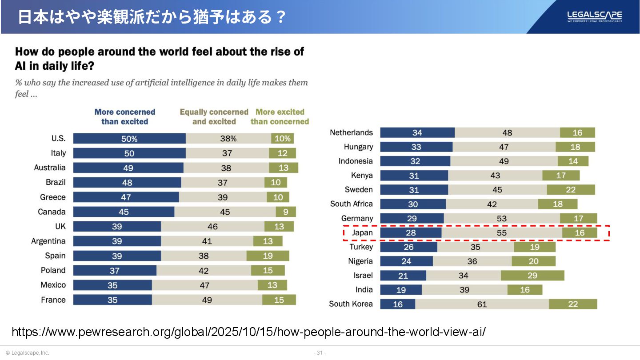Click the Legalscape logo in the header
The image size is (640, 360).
594,16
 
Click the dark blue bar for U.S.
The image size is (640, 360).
129,138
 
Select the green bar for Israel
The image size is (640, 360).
532,276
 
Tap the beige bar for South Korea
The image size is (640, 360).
482,304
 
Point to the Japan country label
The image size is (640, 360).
362,233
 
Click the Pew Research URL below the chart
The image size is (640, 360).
248,332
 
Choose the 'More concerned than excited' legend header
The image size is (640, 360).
125,116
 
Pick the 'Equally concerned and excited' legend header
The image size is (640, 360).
214,116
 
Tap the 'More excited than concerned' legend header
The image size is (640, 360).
280,116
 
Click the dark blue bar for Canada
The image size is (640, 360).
124,212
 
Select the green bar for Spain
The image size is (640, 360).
268,256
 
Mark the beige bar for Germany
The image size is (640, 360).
502,218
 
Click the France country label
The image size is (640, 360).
53,300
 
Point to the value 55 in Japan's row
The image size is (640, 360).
502,233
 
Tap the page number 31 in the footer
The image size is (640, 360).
320,353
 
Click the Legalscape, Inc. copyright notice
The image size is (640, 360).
28,353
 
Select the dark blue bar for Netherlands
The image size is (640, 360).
417,132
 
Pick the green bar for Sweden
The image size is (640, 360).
571,190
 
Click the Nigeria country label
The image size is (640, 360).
360,261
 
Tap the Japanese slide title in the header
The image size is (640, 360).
152,17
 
